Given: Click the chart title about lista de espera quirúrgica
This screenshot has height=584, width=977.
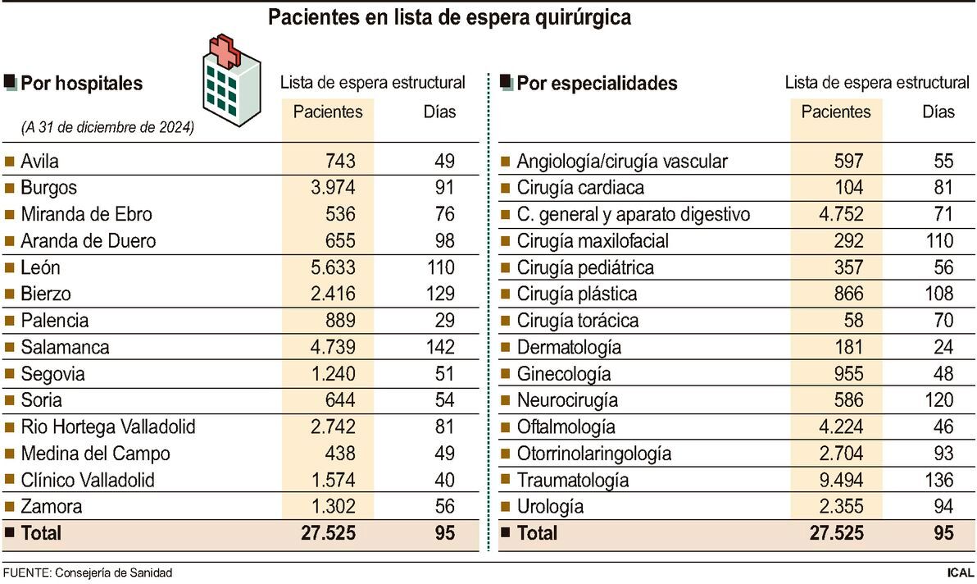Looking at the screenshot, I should pos(450,18).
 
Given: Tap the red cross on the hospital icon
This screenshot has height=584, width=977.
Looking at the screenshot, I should pos(224,52).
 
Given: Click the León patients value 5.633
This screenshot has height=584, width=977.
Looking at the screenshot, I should pos(329,267).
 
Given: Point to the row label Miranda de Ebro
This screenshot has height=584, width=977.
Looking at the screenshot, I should pos(86,214).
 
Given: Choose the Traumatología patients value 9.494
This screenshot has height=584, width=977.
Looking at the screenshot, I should pos(836,480).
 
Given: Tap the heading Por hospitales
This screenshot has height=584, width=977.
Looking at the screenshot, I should pos(81,84).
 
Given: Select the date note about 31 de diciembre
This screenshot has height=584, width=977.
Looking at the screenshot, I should pos(107,128).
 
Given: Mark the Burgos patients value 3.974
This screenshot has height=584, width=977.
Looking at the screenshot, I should pos(329,188).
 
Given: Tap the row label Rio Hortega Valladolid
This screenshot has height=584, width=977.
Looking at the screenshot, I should pos(107,427).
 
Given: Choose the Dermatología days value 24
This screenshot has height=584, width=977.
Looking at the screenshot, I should pos(943,347).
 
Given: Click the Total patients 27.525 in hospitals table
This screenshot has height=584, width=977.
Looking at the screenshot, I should pos(329,533).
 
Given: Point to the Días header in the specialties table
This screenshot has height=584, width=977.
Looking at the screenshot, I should pos(938,111).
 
